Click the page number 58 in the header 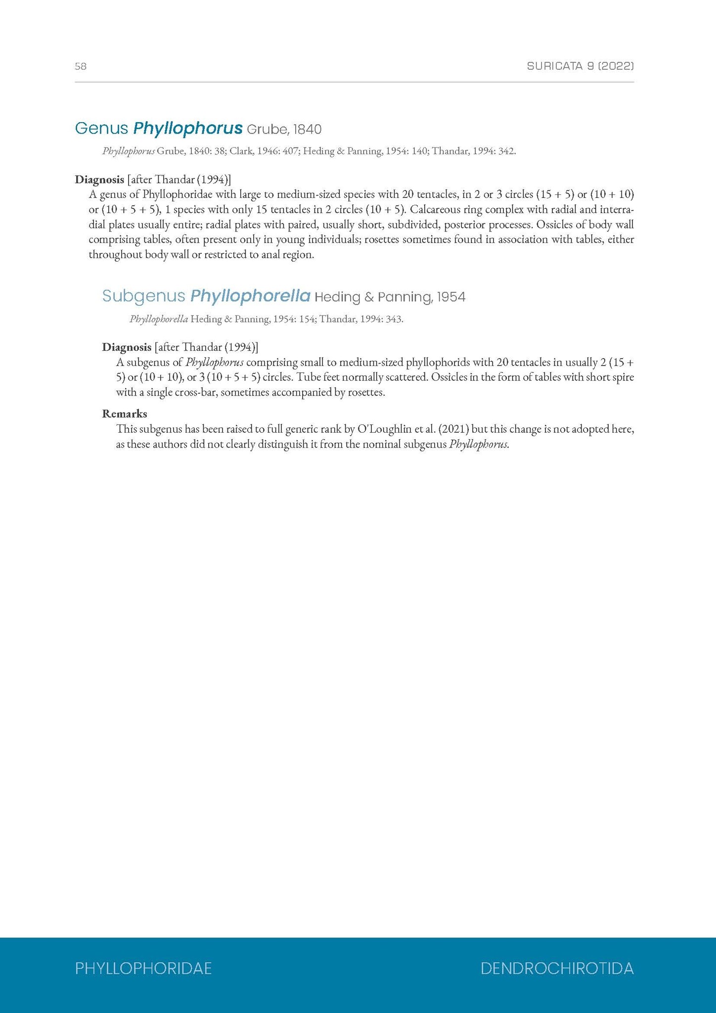[81, 66]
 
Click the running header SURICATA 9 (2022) [580, 66]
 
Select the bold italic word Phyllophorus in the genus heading [188, 129]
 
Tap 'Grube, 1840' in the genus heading [284, 130]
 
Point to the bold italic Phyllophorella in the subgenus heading [250, 296]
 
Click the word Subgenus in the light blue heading [143, 296]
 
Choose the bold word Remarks [125, 414]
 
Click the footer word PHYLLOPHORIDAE [143, 968]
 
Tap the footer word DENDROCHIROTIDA [557, 968]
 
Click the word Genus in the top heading [101, 129]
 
